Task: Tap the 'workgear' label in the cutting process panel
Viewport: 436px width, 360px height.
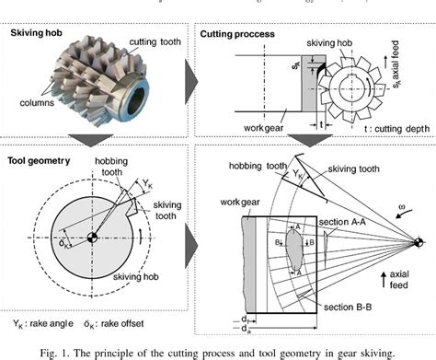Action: (242, 119)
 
